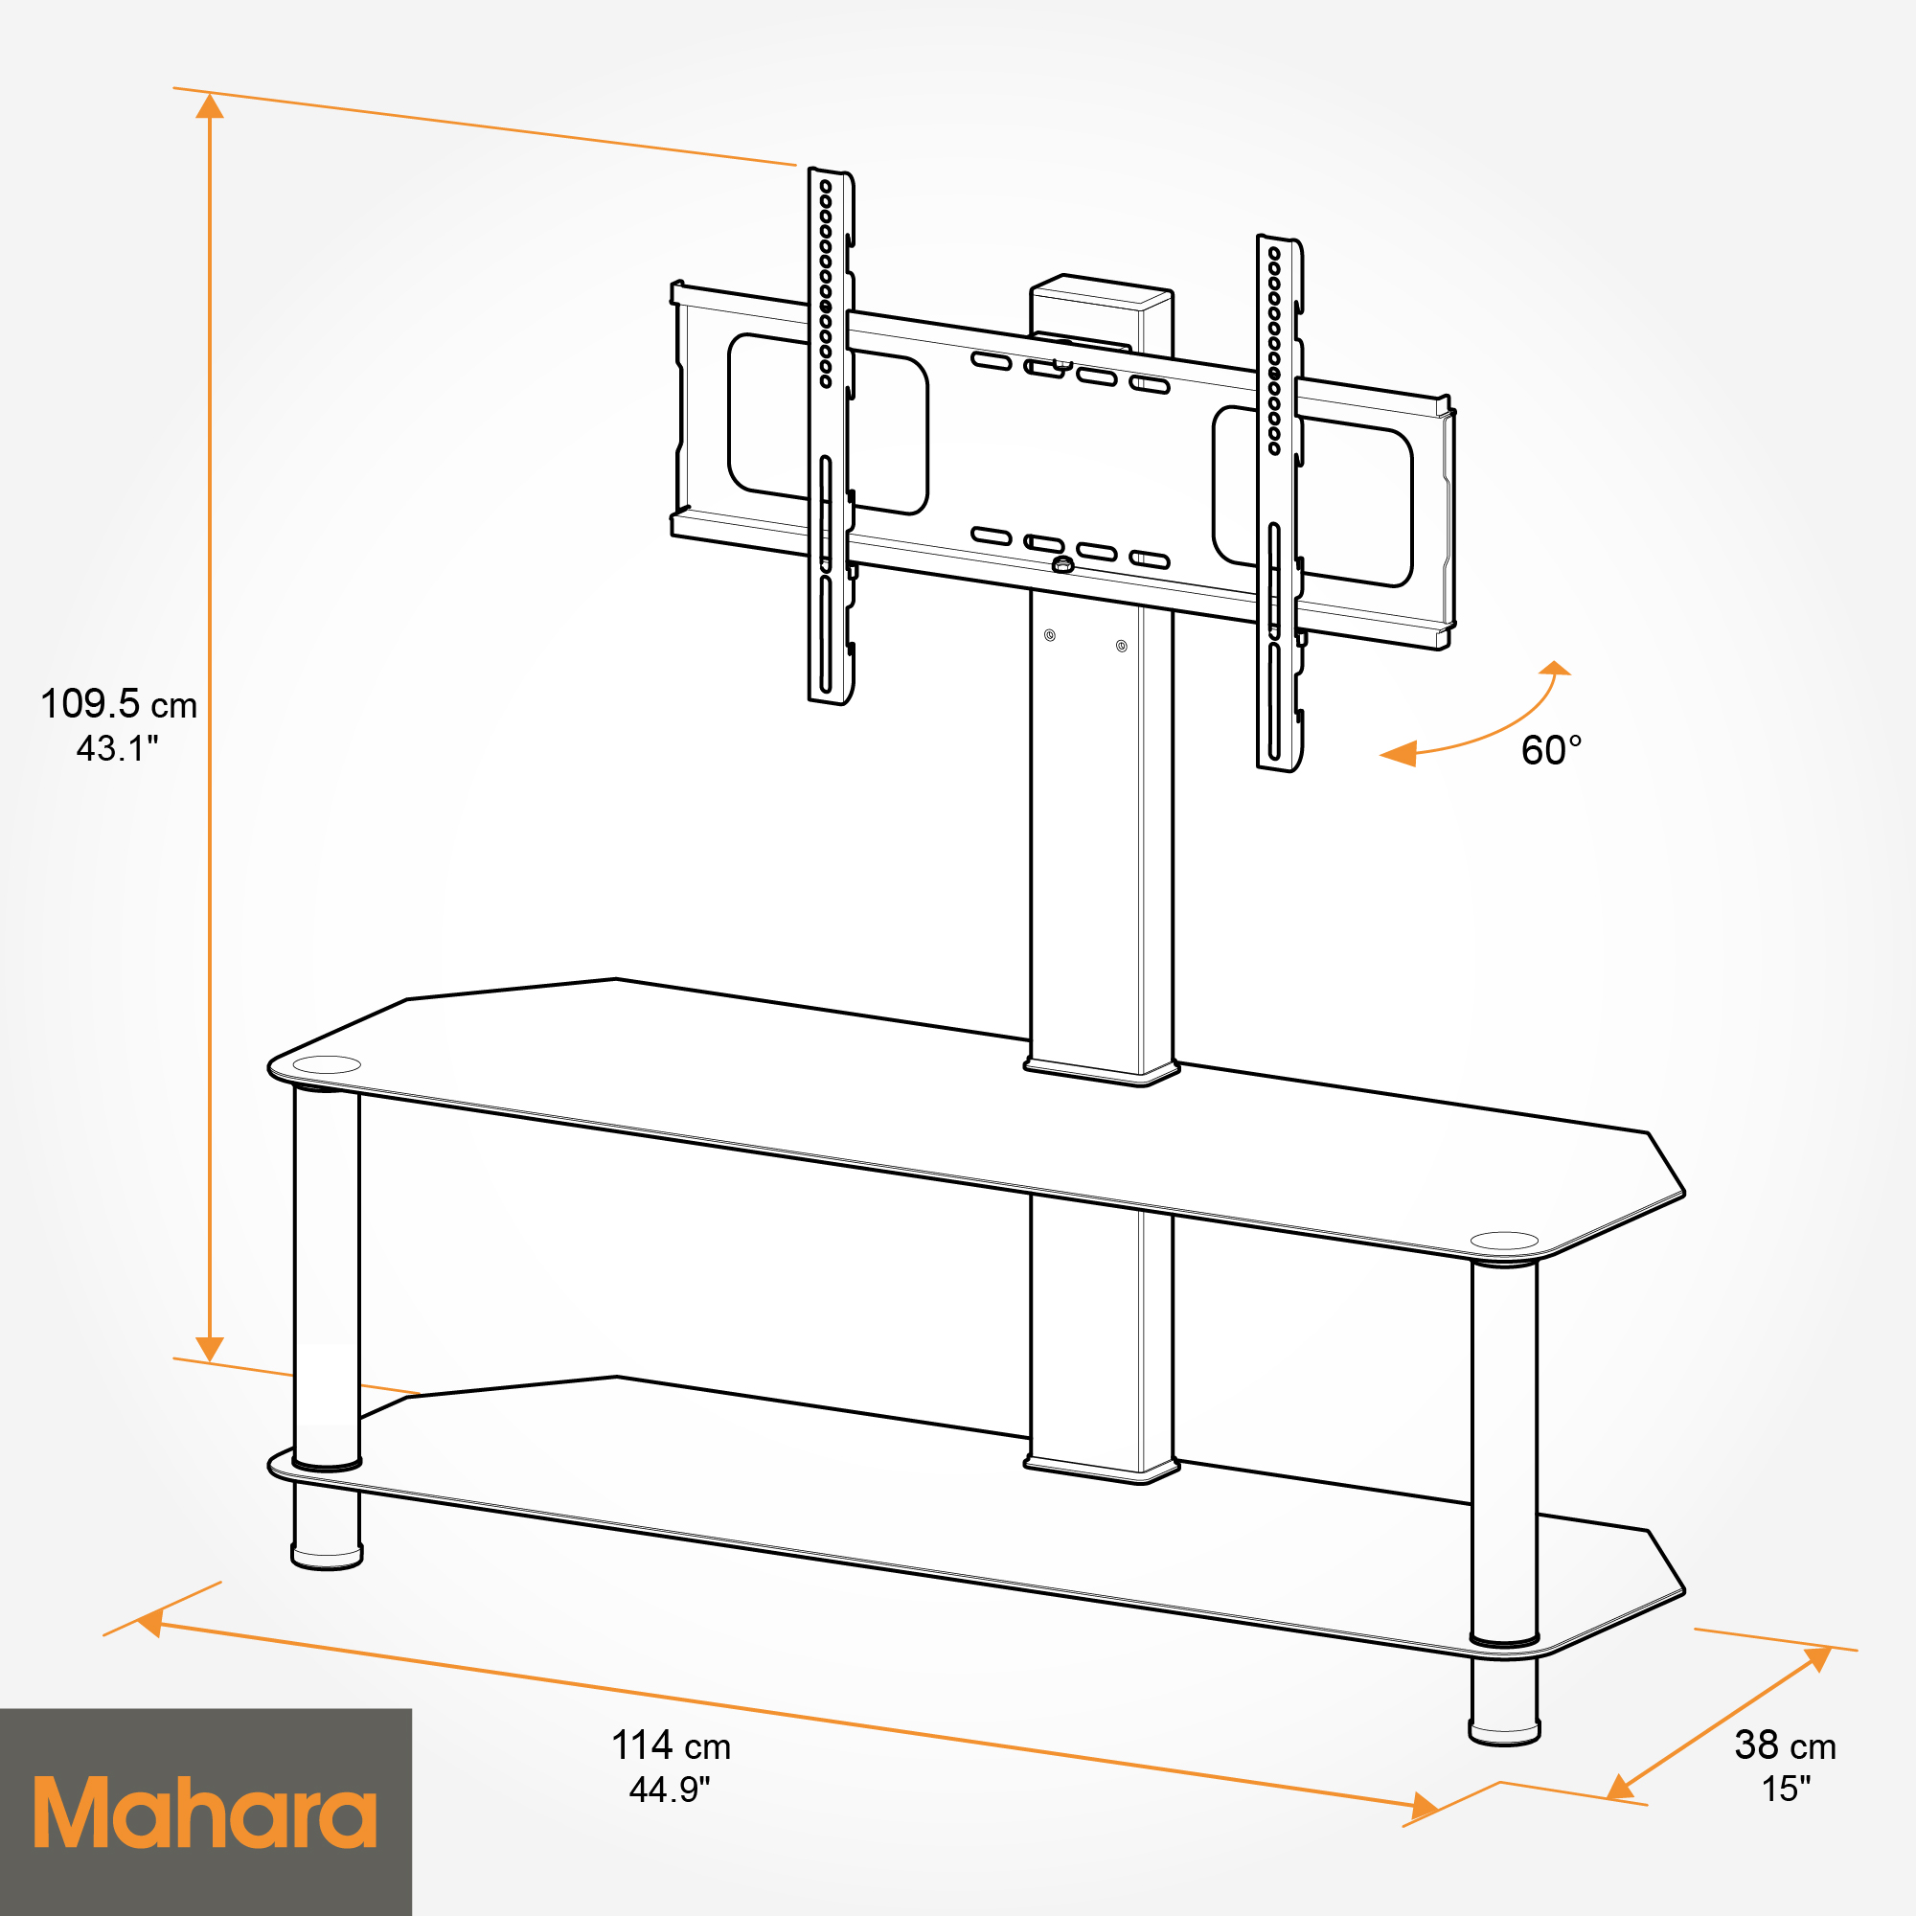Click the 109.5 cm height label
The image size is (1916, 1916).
pyautogui.click(x=119, y=704)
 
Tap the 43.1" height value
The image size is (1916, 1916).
pyautogui.click(x=118, y=749)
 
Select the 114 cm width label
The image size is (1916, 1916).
pyautogui.click(x=671, y=1772)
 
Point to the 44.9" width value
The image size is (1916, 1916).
pyautogui.click(x=671, y=1816)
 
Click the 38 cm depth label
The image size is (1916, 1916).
pyautogui.click(x=1785, y=1772)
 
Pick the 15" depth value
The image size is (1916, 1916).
pyautogui.click(x=1785, y=1815)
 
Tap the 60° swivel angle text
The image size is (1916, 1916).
pyautogui.click(x=1551, y=751)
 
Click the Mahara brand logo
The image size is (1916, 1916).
pyautogui.click(x=205, y=1812)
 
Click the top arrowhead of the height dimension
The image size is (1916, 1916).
pyautogui.click(x=209, y=105)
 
